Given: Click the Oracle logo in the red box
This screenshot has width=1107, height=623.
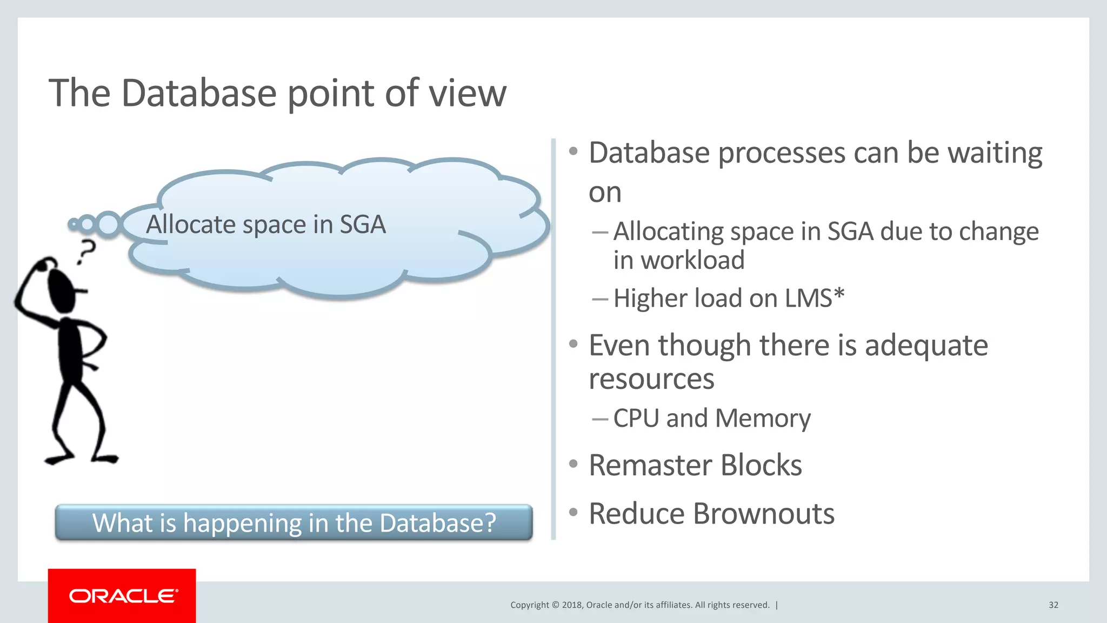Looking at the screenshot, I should pos(123,596).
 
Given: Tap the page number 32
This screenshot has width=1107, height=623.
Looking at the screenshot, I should pos(1053,605).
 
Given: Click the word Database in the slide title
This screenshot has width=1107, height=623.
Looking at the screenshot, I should pos(199,93).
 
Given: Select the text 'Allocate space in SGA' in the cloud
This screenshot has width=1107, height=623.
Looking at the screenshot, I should pos(266,224).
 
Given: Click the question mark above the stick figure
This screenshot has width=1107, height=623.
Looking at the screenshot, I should pos(86,251).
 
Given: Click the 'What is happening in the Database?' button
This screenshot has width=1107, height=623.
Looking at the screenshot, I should pos(294,523).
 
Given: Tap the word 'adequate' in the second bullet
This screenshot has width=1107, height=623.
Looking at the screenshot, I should pos(926,346).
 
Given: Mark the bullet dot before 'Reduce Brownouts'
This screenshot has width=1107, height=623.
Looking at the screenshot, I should pos(573,512).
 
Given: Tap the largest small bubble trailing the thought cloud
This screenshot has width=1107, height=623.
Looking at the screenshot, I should pos(109,224).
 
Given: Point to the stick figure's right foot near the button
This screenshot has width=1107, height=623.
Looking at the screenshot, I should pos(105,459).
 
